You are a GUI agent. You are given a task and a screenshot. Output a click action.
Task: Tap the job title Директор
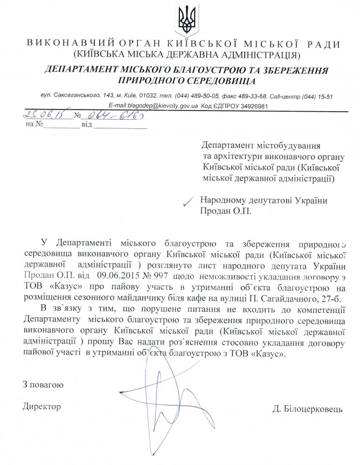[43, 405]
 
